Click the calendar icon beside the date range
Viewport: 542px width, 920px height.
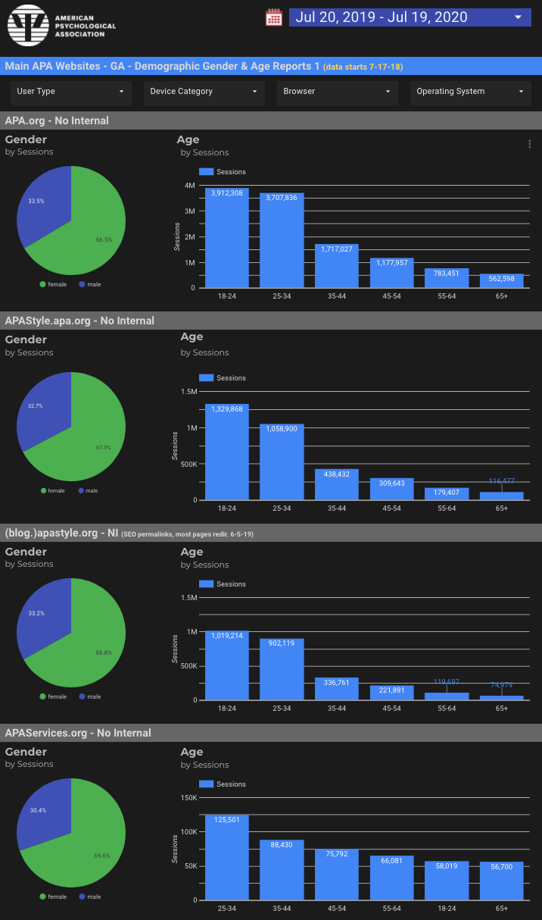click(x=273, y=17)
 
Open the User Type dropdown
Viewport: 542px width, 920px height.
click(x=70, y=92)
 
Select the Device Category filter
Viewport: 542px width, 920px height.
click(x=204, y=92)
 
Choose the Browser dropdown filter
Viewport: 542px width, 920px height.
click(x=337, y=92)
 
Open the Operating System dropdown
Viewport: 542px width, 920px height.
click(x=470, y=92)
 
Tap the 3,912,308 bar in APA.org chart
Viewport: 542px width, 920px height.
click(x=227, y=239)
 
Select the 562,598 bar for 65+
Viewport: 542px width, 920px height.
click(x=501, y=281)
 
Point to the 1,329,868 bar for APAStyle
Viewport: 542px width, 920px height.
click(x=227, y=453)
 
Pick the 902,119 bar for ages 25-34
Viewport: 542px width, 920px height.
click(x=282, y=670)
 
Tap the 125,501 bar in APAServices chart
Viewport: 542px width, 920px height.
click(x=227, y=858)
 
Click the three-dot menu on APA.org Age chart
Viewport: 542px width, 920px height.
click(x=529, y=144)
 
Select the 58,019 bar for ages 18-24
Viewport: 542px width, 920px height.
click(x=447, y=881)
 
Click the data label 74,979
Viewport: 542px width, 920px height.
click(x=501, y=685)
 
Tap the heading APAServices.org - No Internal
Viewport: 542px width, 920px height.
click(x=78, y=733)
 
